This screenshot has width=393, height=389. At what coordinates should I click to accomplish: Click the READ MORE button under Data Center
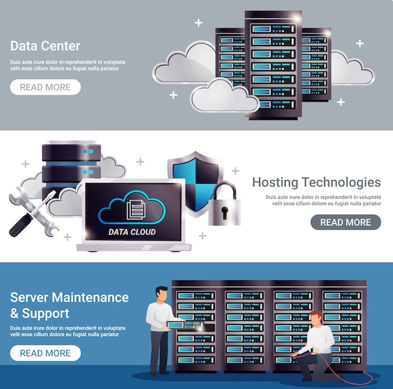coord(45,87)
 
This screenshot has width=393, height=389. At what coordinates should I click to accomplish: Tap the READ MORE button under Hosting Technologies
coord(346,222)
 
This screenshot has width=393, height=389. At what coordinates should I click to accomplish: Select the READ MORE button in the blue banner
coord(45,353)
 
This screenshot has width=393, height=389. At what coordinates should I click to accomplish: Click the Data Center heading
coord(45,46)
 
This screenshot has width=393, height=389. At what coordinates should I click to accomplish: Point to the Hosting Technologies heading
coord(316,183)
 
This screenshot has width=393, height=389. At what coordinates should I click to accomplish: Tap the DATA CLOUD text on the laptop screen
coord(132,232)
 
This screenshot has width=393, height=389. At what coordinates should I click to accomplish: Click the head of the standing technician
coord(161,294)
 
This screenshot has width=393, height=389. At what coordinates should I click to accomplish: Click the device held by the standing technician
coord(175,325)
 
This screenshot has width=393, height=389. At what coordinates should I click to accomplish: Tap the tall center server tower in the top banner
coord(273,63)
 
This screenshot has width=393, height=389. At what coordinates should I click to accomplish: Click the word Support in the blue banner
coord(46,314)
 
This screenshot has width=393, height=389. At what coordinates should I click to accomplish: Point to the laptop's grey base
coord(134,247)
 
